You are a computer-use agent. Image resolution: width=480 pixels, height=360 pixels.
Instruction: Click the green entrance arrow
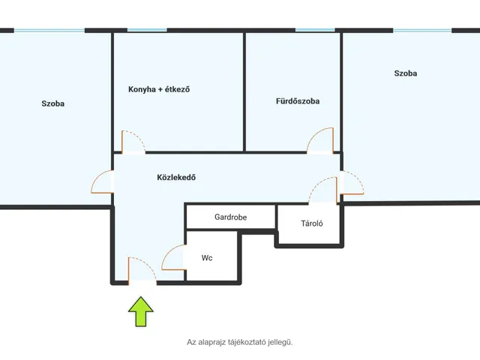141,311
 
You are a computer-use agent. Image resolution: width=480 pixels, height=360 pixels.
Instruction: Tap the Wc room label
207,258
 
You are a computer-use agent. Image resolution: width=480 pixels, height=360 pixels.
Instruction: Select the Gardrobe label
230,217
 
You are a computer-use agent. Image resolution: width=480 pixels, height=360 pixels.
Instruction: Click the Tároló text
312,223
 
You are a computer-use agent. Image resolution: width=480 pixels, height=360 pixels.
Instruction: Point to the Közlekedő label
176,177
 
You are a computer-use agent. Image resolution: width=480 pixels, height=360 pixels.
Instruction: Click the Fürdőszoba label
298,101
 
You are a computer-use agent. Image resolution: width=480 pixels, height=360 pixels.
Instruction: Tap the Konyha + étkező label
159,89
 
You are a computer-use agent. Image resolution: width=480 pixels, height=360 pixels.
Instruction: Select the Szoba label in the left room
53,103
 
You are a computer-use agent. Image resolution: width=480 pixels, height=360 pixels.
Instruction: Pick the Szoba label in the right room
406,73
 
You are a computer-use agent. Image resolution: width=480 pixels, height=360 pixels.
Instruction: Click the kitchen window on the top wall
147,30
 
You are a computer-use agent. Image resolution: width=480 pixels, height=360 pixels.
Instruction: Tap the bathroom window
315,30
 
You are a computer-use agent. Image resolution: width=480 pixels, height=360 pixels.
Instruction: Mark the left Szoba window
49,30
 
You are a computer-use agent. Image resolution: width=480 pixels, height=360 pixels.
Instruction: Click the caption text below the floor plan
240,342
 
